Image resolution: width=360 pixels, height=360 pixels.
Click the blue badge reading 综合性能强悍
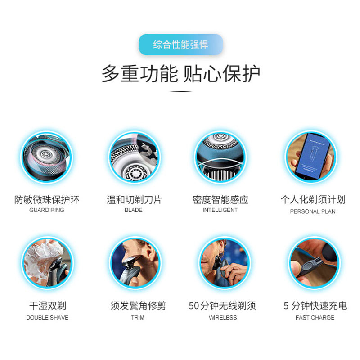click(x=180, y=45)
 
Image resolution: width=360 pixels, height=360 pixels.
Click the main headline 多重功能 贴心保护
click(x=180, y=73)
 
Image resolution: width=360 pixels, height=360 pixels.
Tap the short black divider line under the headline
click(x=180, y=92)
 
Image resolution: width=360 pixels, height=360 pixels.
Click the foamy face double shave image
click(x=47, y=264)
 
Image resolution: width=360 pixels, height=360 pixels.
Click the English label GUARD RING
click(x=47, y=210)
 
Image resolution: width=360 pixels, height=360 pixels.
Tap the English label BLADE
click(x=133, y=210)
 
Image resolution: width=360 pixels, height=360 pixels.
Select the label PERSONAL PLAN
click(x=313, y=211)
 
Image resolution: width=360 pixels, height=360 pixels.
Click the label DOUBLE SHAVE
click(x=47, y=318)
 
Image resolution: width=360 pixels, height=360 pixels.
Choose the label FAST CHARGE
click(x=315, y=318)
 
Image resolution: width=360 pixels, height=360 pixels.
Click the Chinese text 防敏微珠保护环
click(x=47, y=199)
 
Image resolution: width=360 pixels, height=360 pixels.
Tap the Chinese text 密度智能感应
click(x=220, y=199)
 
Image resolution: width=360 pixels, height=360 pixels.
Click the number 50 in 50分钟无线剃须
click(x=194, y=306)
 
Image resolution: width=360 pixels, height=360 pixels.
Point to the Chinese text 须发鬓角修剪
click(x=138, y=306)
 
